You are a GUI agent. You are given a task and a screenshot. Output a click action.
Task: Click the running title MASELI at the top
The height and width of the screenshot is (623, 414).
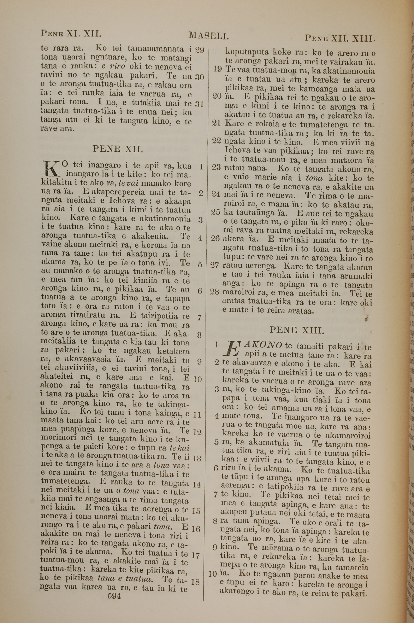209,36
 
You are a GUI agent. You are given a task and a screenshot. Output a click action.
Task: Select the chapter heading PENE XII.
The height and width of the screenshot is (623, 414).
118,149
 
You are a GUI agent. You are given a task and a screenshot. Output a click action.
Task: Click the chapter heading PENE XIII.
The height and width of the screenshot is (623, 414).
296,330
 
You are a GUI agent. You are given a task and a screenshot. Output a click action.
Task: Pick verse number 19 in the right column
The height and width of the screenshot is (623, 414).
217,69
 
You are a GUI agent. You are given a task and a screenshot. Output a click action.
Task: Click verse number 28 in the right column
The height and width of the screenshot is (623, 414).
215,292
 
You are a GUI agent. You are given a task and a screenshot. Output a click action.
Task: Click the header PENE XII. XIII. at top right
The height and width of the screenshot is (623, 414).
340,38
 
